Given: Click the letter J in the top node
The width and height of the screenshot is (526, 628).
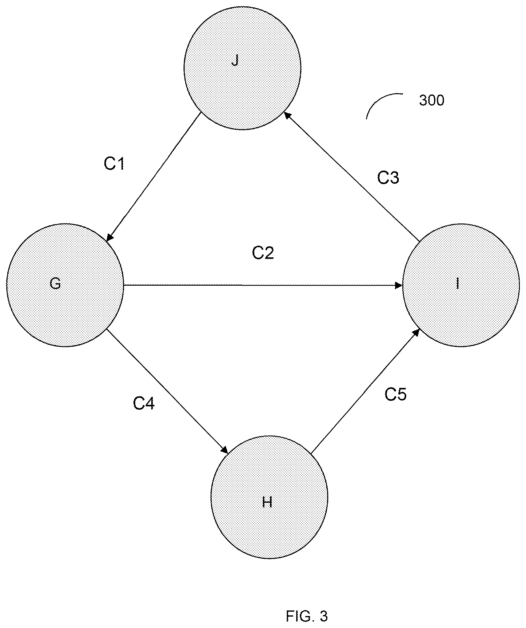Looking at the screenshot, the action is click(x=235, y=61).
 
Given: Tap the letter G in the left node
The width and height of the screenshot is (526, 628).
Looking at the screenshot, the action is click(x=55, y=284).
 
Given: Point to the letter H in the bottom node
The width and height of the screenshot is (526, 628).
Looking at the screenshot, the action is click(x=267, y=502).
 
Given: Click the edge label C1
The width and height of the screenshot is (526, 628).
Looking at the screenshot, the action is click(x=114, y=164).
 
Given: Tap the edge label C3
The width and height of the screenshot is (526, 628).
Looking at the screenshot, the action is click(x=388, y=178).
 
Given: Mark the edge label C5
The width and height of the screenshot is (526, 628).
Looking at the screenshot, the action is click(x=396, y=394).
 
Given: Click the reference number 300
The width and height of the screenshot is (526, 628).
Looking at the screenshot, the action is click(x=432, y=101).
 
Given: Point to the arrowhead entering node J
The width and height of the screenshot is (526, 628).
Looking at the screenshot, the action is click(x=287, y=115).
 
